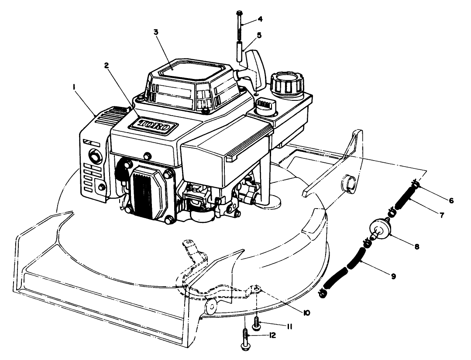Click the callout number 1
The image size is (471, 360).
pos(75,87)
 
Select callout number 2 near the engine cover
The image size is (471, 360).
pos(106,65)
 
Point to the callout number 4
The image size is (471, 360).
pos(260,19)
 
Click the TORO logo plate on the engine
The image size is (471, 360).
pos(153,127)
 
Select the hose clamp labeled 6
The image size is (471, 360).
pos(417,186)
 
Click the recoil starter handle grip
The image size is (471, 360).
pos(255,65)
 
